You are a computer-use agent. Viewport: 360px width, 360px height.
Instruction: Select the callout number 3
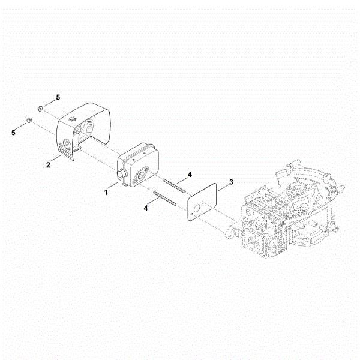[x=230, y=181]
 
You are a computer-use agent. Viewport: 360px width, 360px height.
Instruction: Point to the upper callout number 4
[x=189, y=174]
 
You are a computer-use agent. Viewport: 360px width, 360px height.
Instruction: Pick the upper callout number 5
[x=58, y=97]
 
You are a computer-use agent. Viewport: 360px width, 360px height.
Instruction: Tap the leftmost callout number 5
[x=13, y=132]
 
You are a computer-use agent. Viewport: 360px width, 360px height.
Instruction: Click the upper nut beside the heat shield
[x=40, y=108]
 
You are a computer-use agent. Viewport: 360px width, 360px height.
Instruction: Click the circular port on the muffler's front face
[x=143, y=175]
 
